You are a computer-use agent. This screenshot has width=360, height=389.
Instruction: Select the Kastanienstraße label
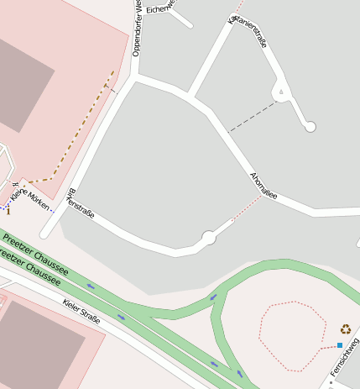pyautogui.click(x=248, y=31)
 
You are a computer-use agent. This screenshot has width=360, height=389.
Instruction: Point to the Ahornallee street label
pyautogui.click(x=263, y=184)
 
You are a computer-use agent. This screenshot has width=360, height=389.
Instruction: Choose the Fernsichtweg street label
pyautogui.click(x=344, y=356)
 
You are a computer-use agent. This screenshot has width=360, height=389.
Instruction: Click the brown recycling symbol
pyautogui.click(x=345, y=329)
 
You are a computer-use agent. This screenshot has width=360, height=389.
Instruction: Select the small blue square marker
pyautogui.click(x=339, y=345)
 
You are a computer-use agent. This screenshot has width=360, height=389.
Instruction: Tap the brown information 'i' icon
pyautogui.click(x=8, y=211)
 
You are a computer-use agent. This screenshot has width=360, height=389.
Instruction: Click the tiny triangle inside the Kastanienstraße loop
pyautogui.click(x=282, y=91)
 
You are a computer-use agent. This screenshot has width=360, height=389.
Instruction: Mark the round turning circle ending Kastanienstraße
pyautogui.click(x=310, y=127)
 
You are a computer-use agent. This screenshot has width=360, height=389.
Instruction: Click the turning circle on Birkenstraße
pyautogui.click(x=208, y=238)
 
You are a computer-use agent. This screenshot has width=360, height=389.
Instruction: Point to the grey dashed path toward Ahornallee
pyautogui.click(x=252, y=117)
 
